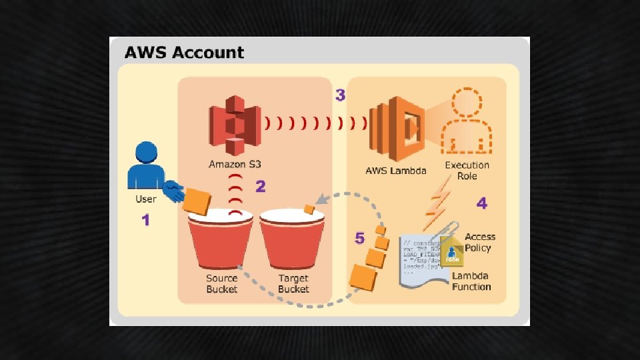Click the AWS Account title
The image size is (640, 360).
(184, 52)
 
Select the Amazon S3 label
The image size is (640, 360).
(234, 165)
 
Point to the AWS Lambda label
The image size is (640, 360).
(396, 171)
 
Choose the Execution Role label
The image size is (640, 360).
(467, 171)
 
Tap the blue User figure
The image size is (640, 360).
(149, 171)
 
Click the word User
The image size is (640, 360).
(145, 199)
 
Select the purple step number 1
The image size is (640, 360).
(145, 219)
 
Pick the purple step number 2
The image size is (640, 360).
(260, 187)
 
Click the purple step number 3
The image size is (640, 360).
(340, 95)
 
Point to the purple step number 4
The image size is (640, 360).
(481, 203)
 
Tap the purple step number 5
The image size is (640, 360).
(360, 237)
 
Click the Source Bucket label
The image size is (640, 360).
(221, 283)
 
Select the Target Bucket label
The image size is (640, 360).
(293, 283)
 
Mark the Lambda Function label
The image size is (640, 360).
(471, 281)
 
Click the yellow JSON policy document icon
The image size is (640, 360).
(451, 250)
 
